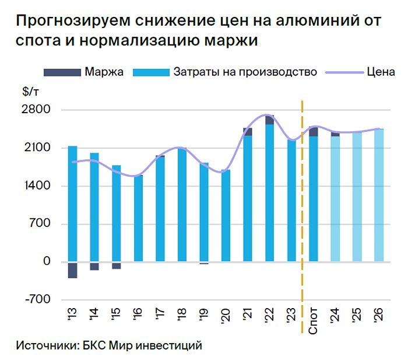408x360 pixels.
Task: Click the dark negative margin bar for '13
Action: (72, 270)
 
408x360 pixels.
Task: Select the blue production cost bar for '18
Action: (182, 204)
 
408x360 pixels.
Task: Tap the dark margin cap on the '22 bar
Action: (269, 120)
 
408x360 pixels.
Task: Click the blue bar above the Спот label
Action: (314, 198)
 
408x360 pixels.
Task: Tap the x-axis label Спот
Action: (314, 321)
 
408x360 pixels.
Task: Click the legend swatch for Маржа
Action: (61, 72)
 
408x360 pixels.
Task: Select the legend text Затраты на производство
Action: (245, 72)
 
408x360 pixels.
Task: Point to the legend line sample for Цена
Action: (344, 72)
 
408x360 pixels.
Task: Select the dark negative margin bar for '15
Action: (116, 265)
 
